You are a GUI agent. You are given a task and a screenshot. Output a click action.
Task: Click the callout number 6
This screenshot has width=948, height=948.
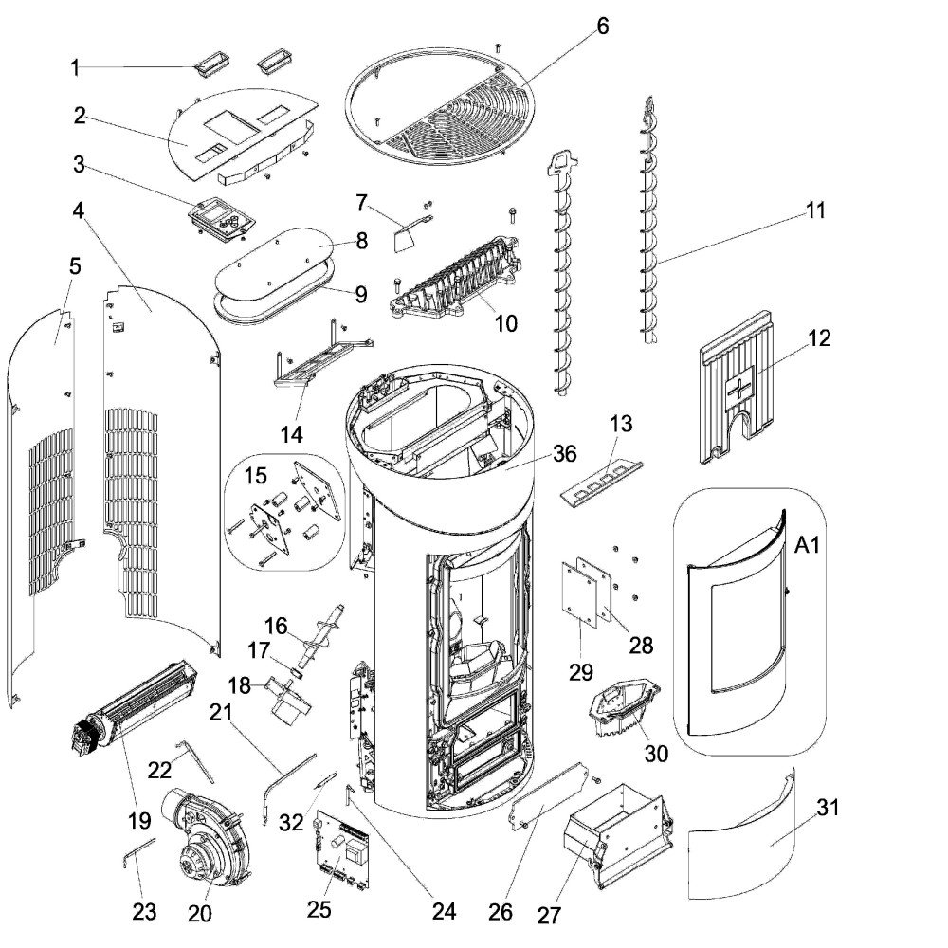[602, 27]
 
